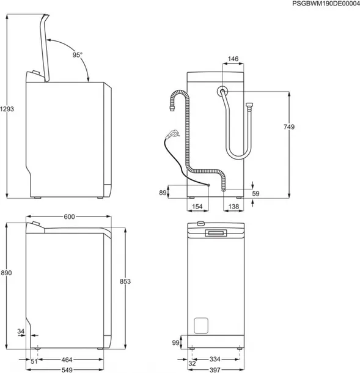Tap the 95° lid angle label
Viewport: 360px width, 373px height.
77,55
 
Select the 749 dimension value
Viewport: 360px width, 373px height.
289,127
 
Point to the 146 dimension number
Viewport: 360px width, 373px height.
233,59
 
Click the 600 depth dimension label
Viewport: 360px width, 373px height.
68,217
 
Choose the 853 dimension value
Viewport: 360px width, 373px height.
125,281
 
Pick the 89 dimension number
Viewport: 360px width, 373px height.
163,193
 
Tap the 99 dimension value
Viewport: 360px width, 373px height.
177,343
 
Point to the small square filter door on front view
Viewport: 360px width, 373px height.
201,325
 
